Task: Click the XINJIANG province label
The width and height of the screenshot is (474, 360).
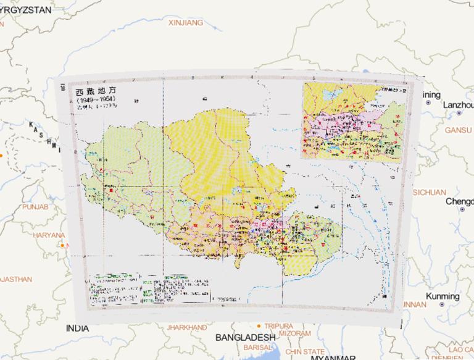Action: pos(185,23)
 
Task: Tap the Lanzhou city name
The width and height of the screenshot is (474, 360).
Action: pos(457,104)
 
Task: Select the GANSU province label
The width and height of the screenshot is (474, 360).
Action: pos(458,130)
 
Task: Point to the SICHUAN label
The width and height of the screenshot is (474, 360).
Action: pos(429,192)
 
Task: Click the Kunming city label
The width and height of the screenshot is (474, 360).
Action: pos(443,296)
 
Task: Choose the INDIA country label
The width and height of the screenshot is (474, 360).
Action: pos(77,328)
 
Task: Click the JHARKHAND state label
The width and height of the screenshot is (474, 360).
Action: pos(186,327)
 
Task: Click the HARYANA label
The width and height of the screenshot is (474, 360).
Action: pos(49,235)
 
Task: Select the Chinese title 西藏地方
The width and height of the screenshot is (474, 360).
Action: pos(95,91)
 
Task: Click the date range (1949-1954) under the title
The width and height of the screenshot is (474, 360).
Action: pos(95,99)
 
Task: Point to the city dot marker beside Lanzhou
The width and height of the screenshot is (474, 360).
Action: pos(459,114)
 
